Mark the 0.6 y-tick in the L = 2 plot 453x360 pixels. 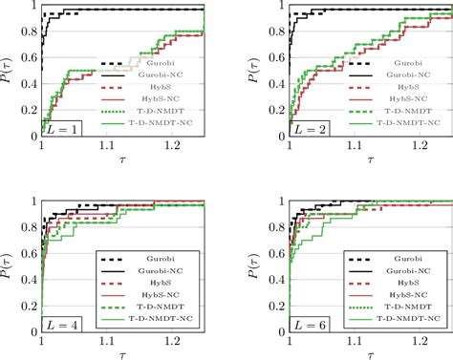[260, 58]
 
